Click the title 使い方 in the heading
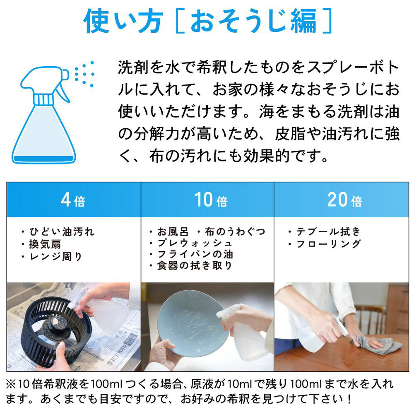pos(123,21)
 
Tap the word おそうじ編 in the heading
pos(253,21)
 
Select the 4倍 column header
pos(73,200)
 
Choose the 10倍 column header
pos(211,200)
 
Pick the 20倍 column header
pos(344,200)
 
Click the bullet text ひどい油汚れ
pos(62,231)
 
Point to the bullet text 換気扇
pos(45,244)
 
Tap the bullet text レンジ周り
pos(56,256)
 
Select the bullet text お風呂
pos(173,231)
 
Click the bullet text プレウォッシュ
pos(195,243)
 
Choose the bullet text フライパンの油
pos(195,254)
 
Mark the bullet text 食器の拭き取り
pos(195,265)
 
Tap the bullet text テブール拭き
pos(328,231)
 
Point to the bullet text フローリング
pos(328,244)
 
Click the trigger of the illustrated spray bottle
pos(63,93)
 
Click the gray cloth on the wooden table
pos(378,344)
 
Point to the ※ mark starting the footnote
pos(11,385)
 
